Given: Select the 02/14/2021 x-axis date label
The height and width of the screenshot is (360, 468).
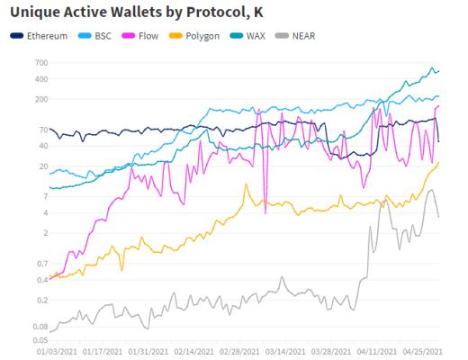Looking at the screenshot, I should pyautogui.click(x=193, y=351).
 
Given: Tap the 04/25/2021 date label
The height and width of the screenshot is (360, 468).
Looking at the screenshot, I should pyautogui.click(x=419, y=351).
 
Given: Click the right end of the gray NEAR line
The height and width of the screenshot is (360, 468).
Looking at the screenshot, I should pyautogui.click(x=438, y=217).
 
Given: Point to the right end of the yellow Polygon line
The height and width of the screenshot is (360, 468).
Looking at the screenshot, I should pyautogui.click(x=438, y=162).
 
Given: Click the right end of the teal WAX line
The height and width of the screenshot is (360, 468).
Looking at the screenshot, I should pyautogui.click(x=438, y=71).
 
